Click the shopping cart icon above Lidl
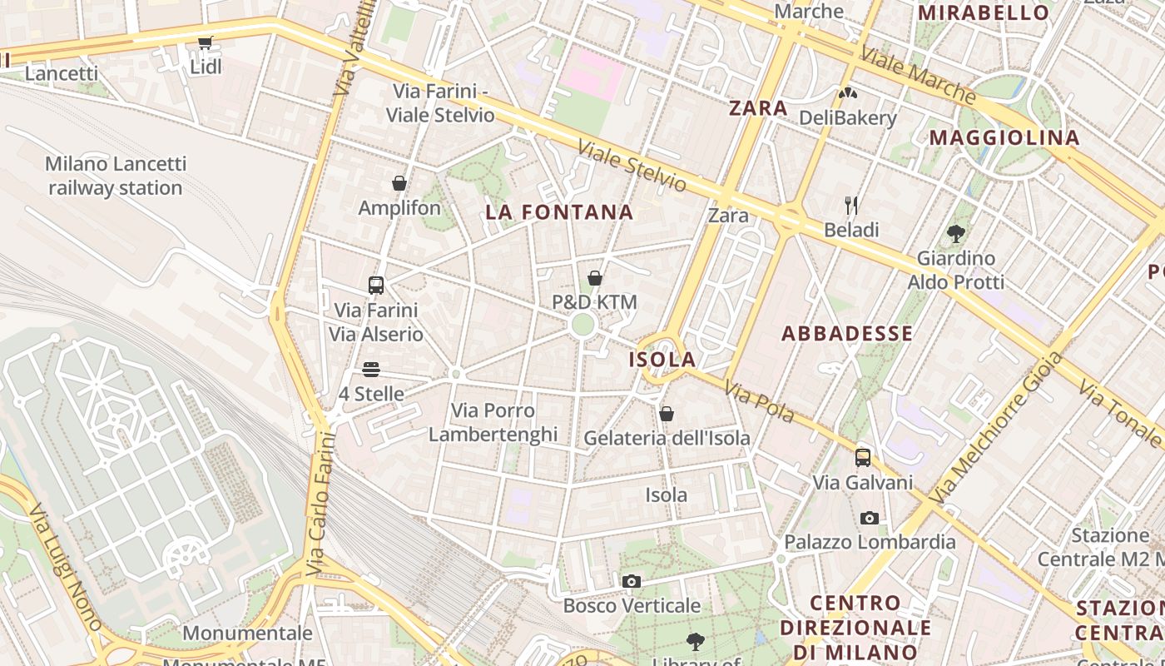click(205, 42)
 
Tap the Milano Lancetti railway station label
click(115, 176)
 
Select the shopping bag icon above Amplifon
click(399, 183)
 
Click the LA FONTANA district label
click(559, 212)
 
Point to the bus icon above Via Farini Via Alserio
click(376, 286)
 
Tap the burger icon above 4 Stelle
click(371, 370)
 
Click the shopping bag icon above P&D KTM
click(595, 278)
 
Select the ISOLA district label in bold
click(662, 360)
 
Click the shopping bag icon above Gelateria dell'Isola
click(667, 414)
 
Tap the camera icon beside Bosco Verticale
click(632, 581)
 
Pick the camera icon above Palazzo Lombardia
click(870, 518)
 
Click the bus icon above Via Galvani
click(863, 457)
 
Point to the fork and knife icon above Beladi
click(851, 205)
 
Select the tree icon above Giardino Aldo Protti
click(956, 234)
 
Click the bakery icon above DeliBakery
click(847, 93)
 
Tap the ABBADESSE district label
click(847, 334)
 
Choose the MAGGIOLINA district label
click(1004, 138)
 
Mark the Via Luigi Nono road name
click(64, 565)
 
